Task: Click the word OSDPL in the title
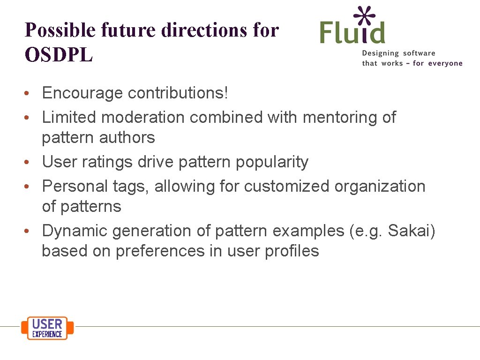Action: [59, 55]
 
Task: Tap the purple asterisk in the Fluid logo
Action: [364, 17]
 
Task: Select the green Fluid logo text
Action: [352, 33]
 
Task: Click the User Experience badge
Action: [47, 328]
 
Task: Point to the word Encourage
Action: [82, 93]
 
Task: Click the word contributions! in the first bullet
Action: [178, 93]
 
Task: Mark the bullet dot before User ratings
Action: [29, 163]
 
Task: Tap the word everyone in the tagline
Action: [445, 63]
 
